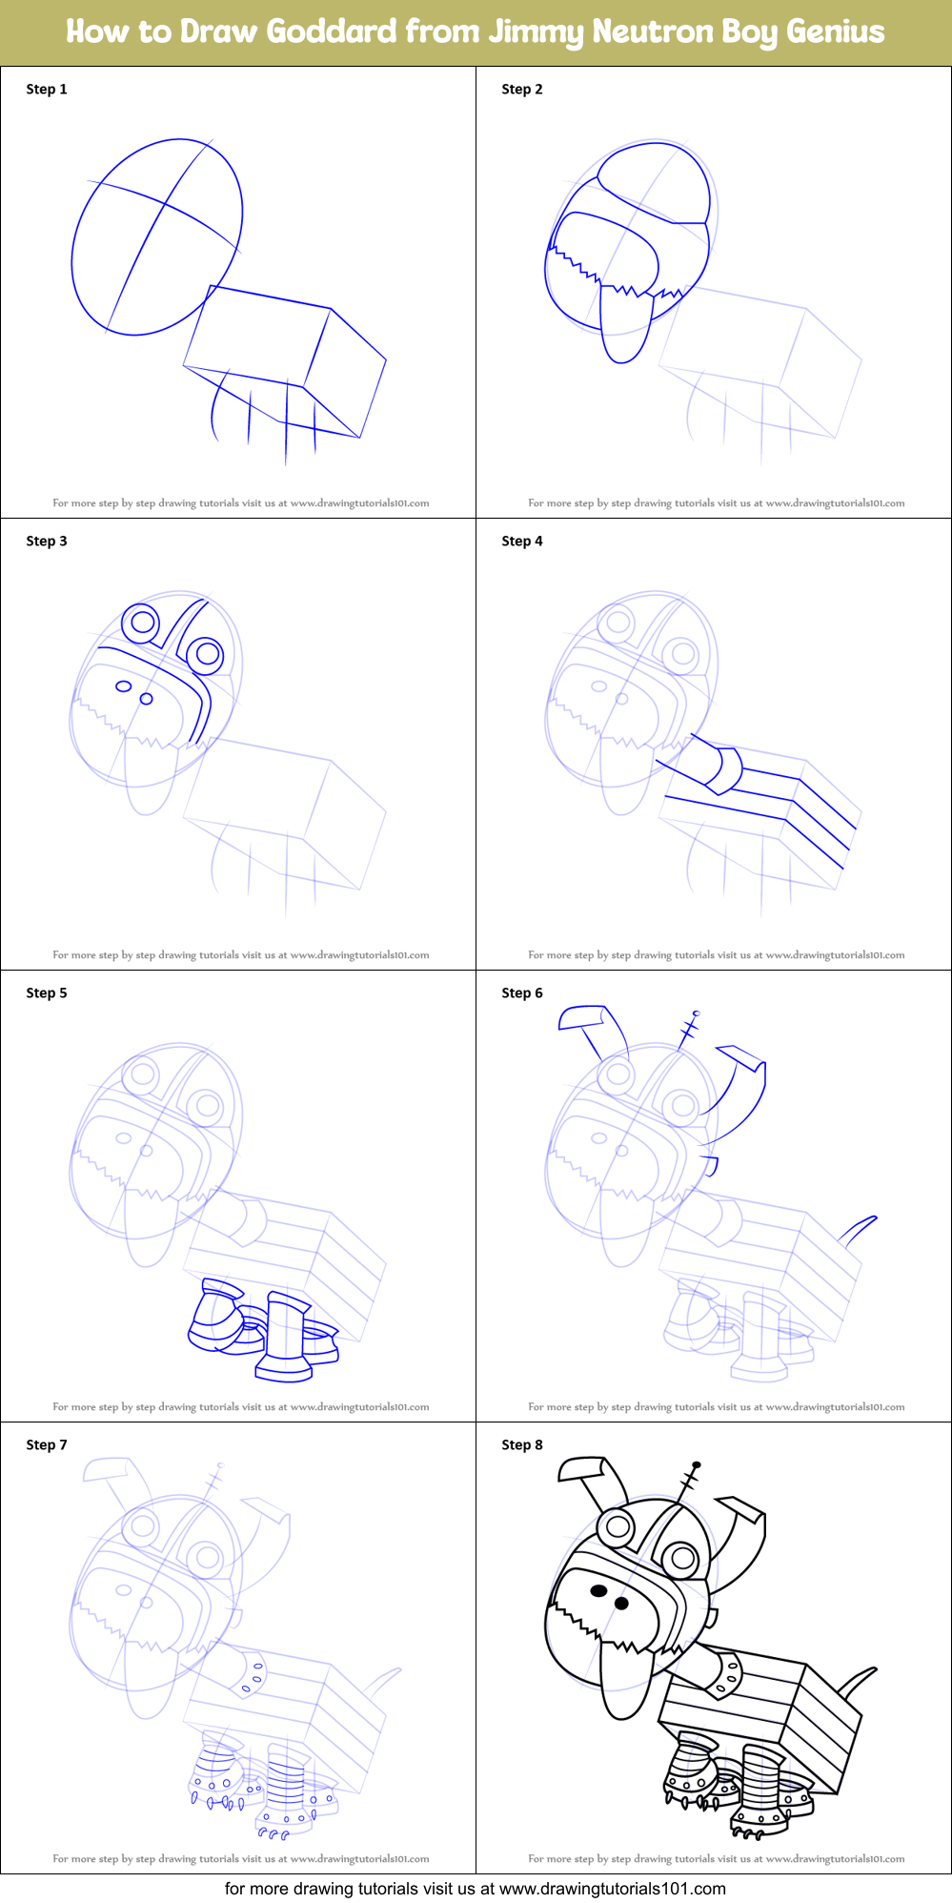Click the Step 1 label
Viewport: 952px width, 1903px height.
47,89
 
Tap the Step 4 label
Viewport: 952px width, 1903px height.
521,541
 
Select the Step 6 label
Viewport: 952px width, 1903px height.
521,992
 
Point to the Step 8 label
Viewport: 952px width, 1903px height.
521,1444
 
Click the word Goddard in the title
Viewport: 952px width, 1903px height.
331,31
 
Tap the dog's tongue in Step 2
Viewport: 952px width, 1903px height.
624,329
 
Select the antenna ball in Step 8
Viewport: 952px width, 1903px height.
697,1464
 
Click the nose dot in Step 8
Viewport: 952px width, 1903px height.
621,1603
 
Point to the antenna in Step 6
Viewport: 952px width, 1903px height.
688,1030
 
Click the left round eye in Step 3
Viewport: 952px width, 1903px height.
142,623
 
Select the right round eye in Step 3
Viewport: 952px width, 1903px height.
206,654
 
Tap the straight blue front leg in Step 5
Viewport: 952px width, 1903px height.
284,1330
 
